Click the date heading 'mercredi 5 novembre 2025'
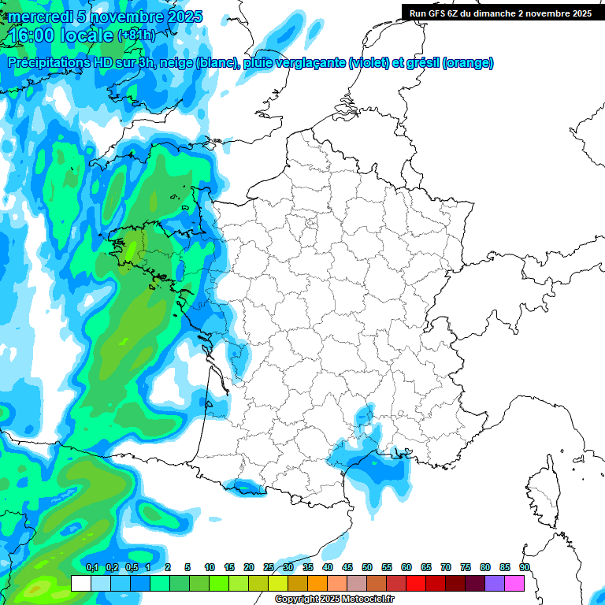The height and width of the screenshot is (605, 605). [105, 17]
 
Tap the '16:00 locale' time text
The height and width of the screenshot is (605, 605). [61, 35]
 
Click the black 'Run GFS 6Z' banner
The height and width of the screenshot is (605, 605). [501, 13]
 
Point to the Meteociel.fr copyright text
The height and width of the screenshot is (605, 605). [335, 599]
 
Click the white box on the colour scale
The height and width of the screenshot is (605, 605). [80, 583]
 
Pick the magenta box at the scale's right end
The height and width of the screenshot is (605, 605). [514, 583]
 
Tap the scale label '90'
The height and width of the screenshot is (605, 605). [525, 567]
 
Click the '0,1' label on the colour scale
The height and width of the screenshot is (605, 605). [91, 567]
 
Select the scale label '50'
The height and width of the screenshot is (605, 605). [367, 567]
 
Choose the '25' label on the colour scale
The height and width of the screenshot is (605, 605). [269, 567]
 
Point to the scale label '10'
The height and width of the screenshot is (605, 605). [210, 567]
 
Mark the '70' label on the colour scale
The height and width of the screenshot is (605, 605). [446, 567]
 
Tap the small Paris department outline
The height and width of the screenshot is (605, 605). [310, 224]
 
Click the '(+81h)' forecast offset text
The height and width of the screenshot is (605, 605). [136, 35]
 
